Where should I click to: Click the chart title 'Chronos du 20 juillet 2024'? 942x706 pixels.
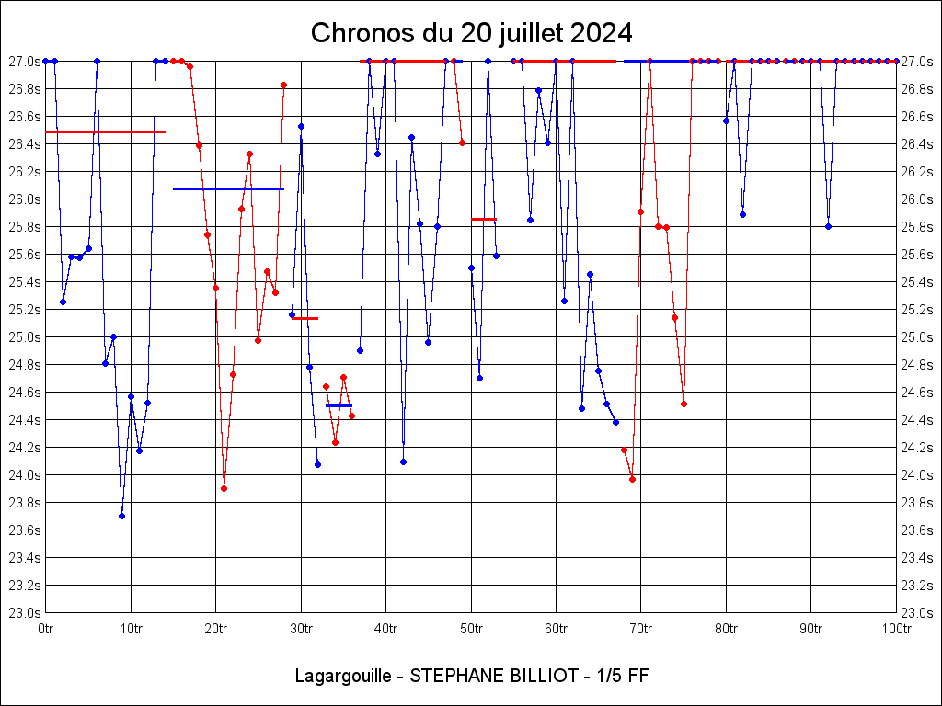point(471,33)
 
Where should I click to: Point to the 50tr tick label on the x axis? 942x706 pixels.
point(471,629)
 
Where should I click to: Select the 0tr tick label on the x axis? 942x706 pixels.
point(46,629)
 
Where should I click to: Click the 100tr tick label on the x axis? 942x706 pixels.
point(896,629)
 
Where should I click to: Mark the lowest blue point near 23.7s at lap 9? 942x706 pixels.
point(121,516)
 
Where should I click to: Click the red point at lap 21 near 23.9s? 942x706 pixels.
point(224,488)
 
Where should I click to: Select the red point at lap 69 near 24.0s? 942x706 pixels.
point(632,479)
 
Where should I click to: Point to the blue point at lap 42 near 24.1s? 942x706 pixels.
point(403,461)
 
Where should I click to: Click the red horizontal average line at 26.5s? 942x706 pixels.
point(105,132)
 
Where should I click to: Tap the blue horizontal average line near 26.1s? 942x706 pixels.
point(228,188)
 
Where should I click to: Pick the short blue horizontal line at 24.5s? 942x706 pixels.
point(339,405)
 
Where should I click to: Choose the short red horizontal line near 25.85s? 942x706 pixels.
point(484,219)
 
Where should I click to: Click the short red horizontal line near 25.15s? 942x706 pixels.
point(304,318)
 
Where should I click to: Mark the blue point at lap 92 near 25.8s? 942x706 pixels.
point(828,226)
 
